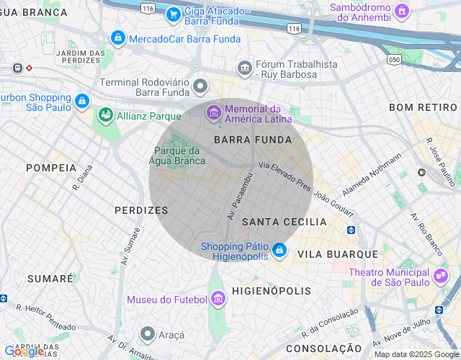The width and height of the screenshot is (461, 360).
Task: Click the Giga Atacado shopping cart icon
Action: tap(173, 14)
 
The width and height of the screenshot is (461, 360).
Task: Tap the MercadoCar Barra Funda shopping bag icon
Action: tap(117, 37)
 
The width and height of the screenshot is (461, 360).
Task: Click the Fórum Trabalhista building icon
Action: tap(245, 68)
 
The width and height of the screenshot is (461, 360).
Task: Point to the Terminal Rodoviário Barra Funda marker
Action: tap(200, 87)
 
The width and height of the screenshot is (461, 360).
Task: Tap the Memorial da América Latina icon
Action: tap(213, 112)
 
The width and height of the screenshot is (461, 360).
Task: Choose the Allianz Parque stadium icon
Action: tap(106, 115)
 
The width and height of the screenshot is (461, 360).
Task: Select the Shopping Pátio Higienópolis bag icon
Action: tap(279, 251)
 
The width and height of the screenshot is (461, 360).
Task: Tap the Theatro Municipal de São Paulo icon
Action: tap(440, 276)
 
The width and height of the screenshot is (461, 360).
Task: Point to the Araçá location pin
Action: tap(148, 333)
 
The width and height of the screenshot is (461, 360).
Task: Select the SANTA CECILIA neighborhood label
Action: tap(284, 222)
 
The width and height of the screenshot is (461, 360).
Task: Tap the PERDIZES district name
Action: tap(141, 210)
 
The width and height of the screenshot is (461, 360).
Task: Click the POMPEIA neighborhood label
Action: tap(51, 167)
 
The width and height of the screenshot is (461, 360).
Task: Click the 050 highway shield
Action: tap(393, 58)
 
